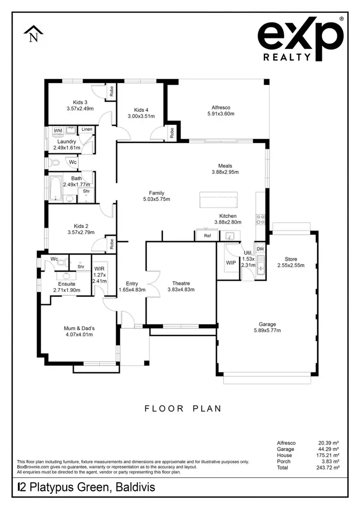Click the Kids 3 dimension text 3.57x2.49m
pyautogui.click(x=80, y=109)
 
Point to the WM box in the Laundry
pyautogui.click(x=58, y=130)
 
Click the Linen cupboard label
pyautogui.click(x=86, y=129)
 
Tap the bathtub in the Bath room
pyautogui.click(x=55, y=187)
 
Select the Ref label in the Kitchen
pyautogui.click(x=207, y=236)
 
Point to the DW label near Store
pyautogui.click(x=260, y=248)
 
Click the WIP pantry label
pyautogui.click(x=230, y=263)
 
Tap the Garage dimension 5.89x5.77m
pyautogui.click(x=267, y=330)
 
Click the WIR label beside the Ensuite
pyautogui.click(x=99, y=268)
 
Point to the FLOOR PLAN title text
pyautogui.click(x=183, y=409)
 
